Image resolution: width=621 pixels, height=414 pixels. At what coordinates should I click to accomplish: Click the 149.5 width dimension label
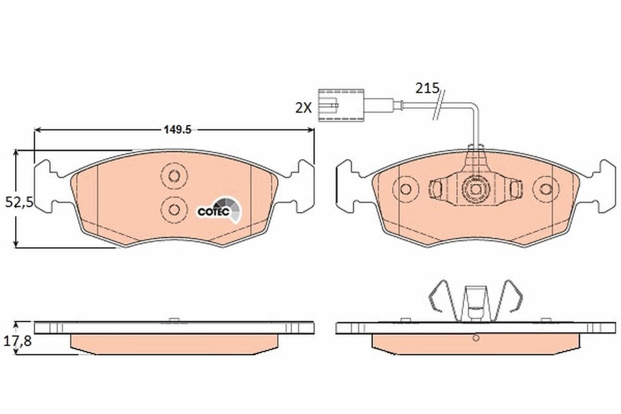pos(176,129)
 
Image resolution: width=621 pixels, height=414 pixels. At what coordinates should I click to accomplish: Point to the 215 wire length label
pos(426,88)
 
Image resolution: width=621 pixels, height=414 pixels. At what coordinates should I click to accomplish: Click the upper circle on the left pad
pos(173,175)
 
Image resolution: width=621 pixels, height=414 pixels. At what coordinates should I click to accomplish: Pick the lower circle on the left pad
pos(173,209)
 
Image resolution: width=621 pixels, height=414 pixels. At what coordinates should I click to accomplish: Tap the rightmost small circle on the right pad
pos(546,190)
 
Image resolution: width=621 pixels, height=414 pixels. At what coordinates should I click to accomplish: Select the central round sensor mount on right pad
pos(475,190)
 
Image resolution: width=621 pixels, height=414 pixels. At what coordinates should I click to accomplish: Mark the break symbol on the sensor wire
pos(438,105)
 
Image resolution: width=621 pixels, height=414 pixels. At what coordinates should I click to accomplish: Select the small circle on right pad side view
pos(476,338)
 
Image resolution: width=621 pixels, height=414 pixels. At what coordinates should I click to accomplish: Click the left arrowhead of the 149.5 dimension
pos(37,129)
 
